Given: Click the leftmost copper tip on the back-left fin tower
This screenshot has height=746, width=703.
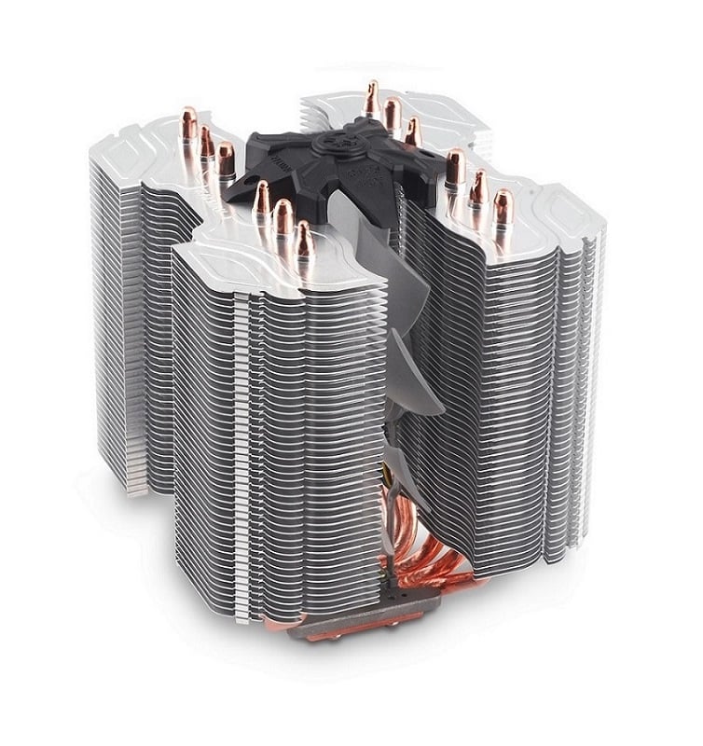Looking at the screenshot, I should [x=189, y=122].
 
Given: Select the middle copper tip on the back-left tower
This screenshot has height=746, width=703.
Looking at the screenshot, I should [x=207, y=140].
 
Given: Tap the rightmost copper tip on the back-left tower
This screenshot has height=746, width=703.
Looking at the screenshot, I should [x=226, y=156].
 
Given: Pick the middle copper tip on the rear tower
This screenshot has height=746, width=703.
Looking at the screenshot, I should [x=393, y=112].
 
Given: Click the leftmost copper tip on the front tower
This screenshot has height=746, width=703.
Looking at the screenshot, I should [x=262, y=197].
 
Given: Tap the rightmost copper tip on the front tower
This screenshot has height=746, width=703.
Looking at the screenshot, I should [x=304, y=237].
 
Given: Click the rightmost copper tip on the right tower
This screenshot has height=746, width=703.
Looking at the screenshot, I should [x=502, y=205].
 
